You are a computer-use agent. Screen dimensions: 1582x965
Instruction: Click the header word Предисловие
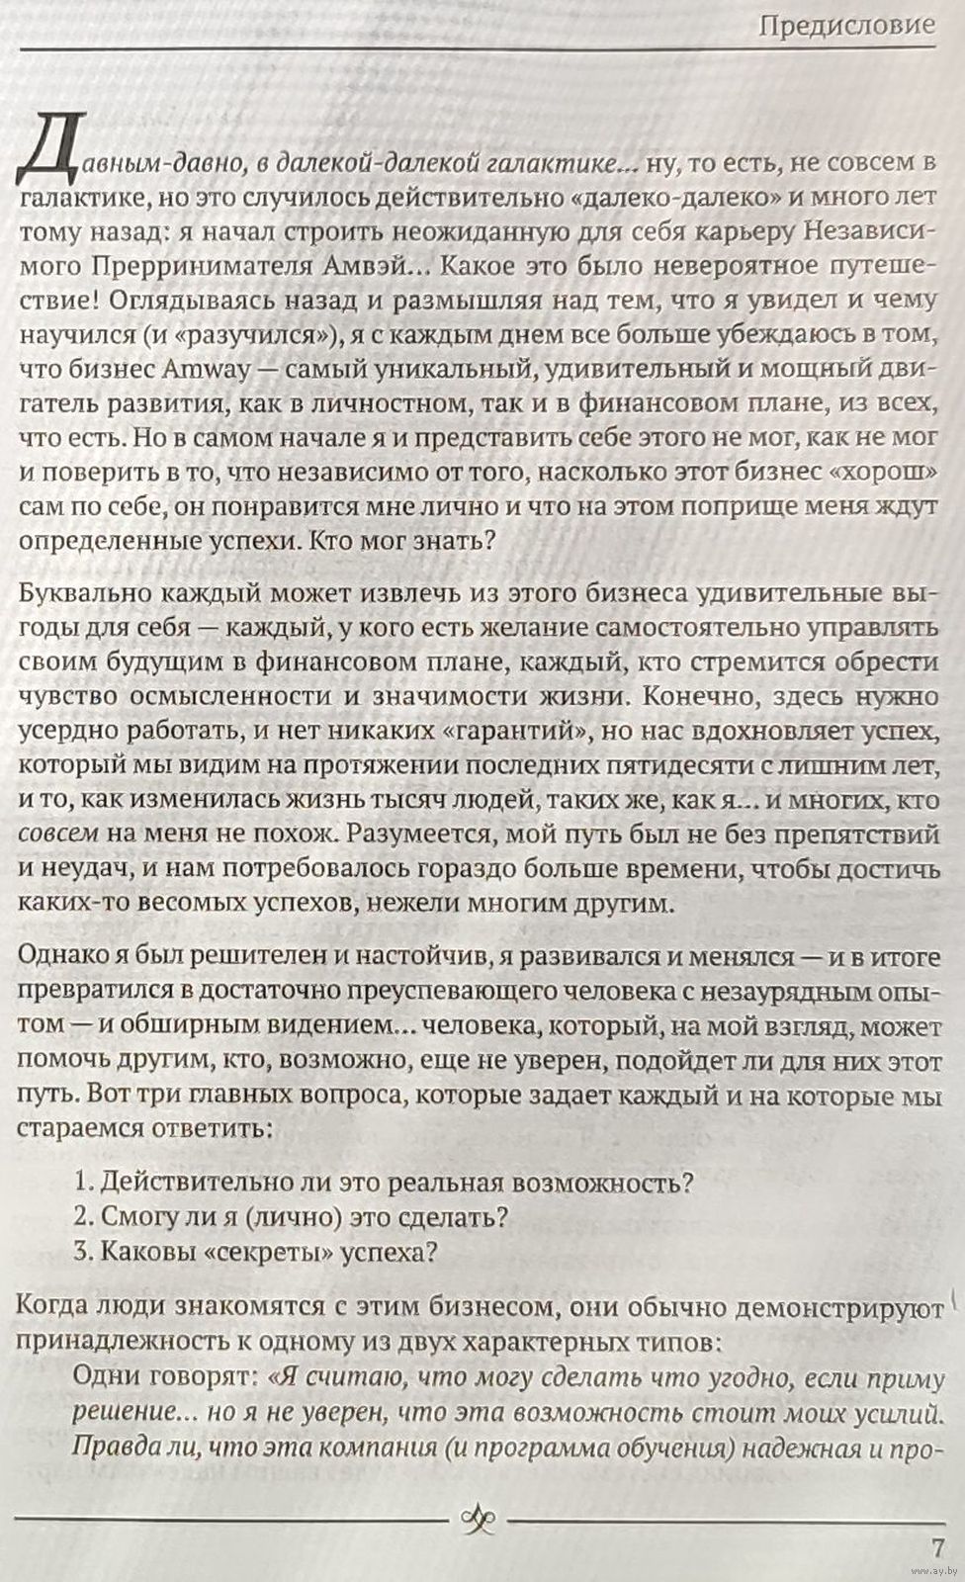(x=846, y=26)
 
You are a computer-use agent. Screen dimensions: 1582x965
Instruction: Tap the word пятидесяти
(x=658, y=767)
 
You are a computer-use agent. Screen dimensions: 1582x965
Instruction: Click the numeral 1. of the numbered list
(x=84, y=1182)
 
